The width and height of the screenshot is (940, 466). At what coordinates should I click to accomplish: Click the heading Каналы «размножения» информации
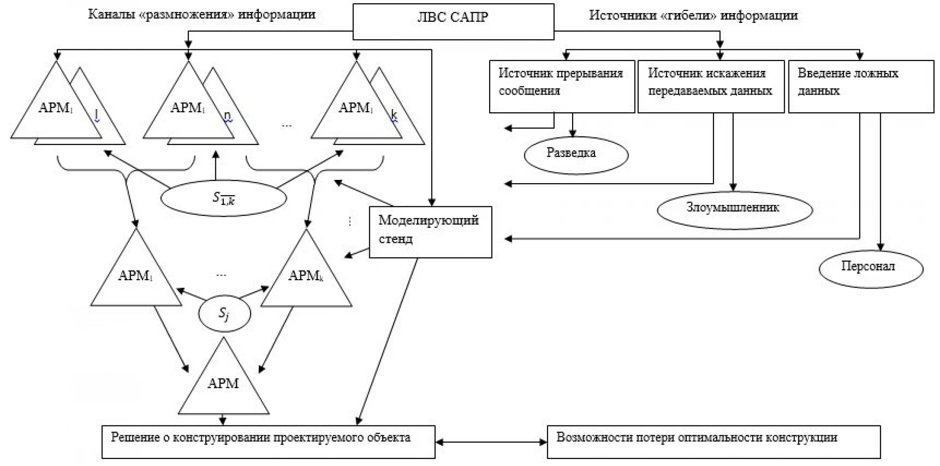coord(202,14)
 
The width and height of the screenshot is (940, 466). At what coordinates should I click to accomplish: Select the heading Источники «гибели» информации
coord(693,15)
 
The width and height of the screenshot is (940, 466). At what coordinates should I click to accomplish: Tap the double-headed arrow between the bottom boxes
coord(491,442)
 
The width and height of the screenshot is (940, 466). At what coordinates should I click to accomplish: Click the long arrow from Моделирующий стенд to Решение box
coord(387,342)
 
